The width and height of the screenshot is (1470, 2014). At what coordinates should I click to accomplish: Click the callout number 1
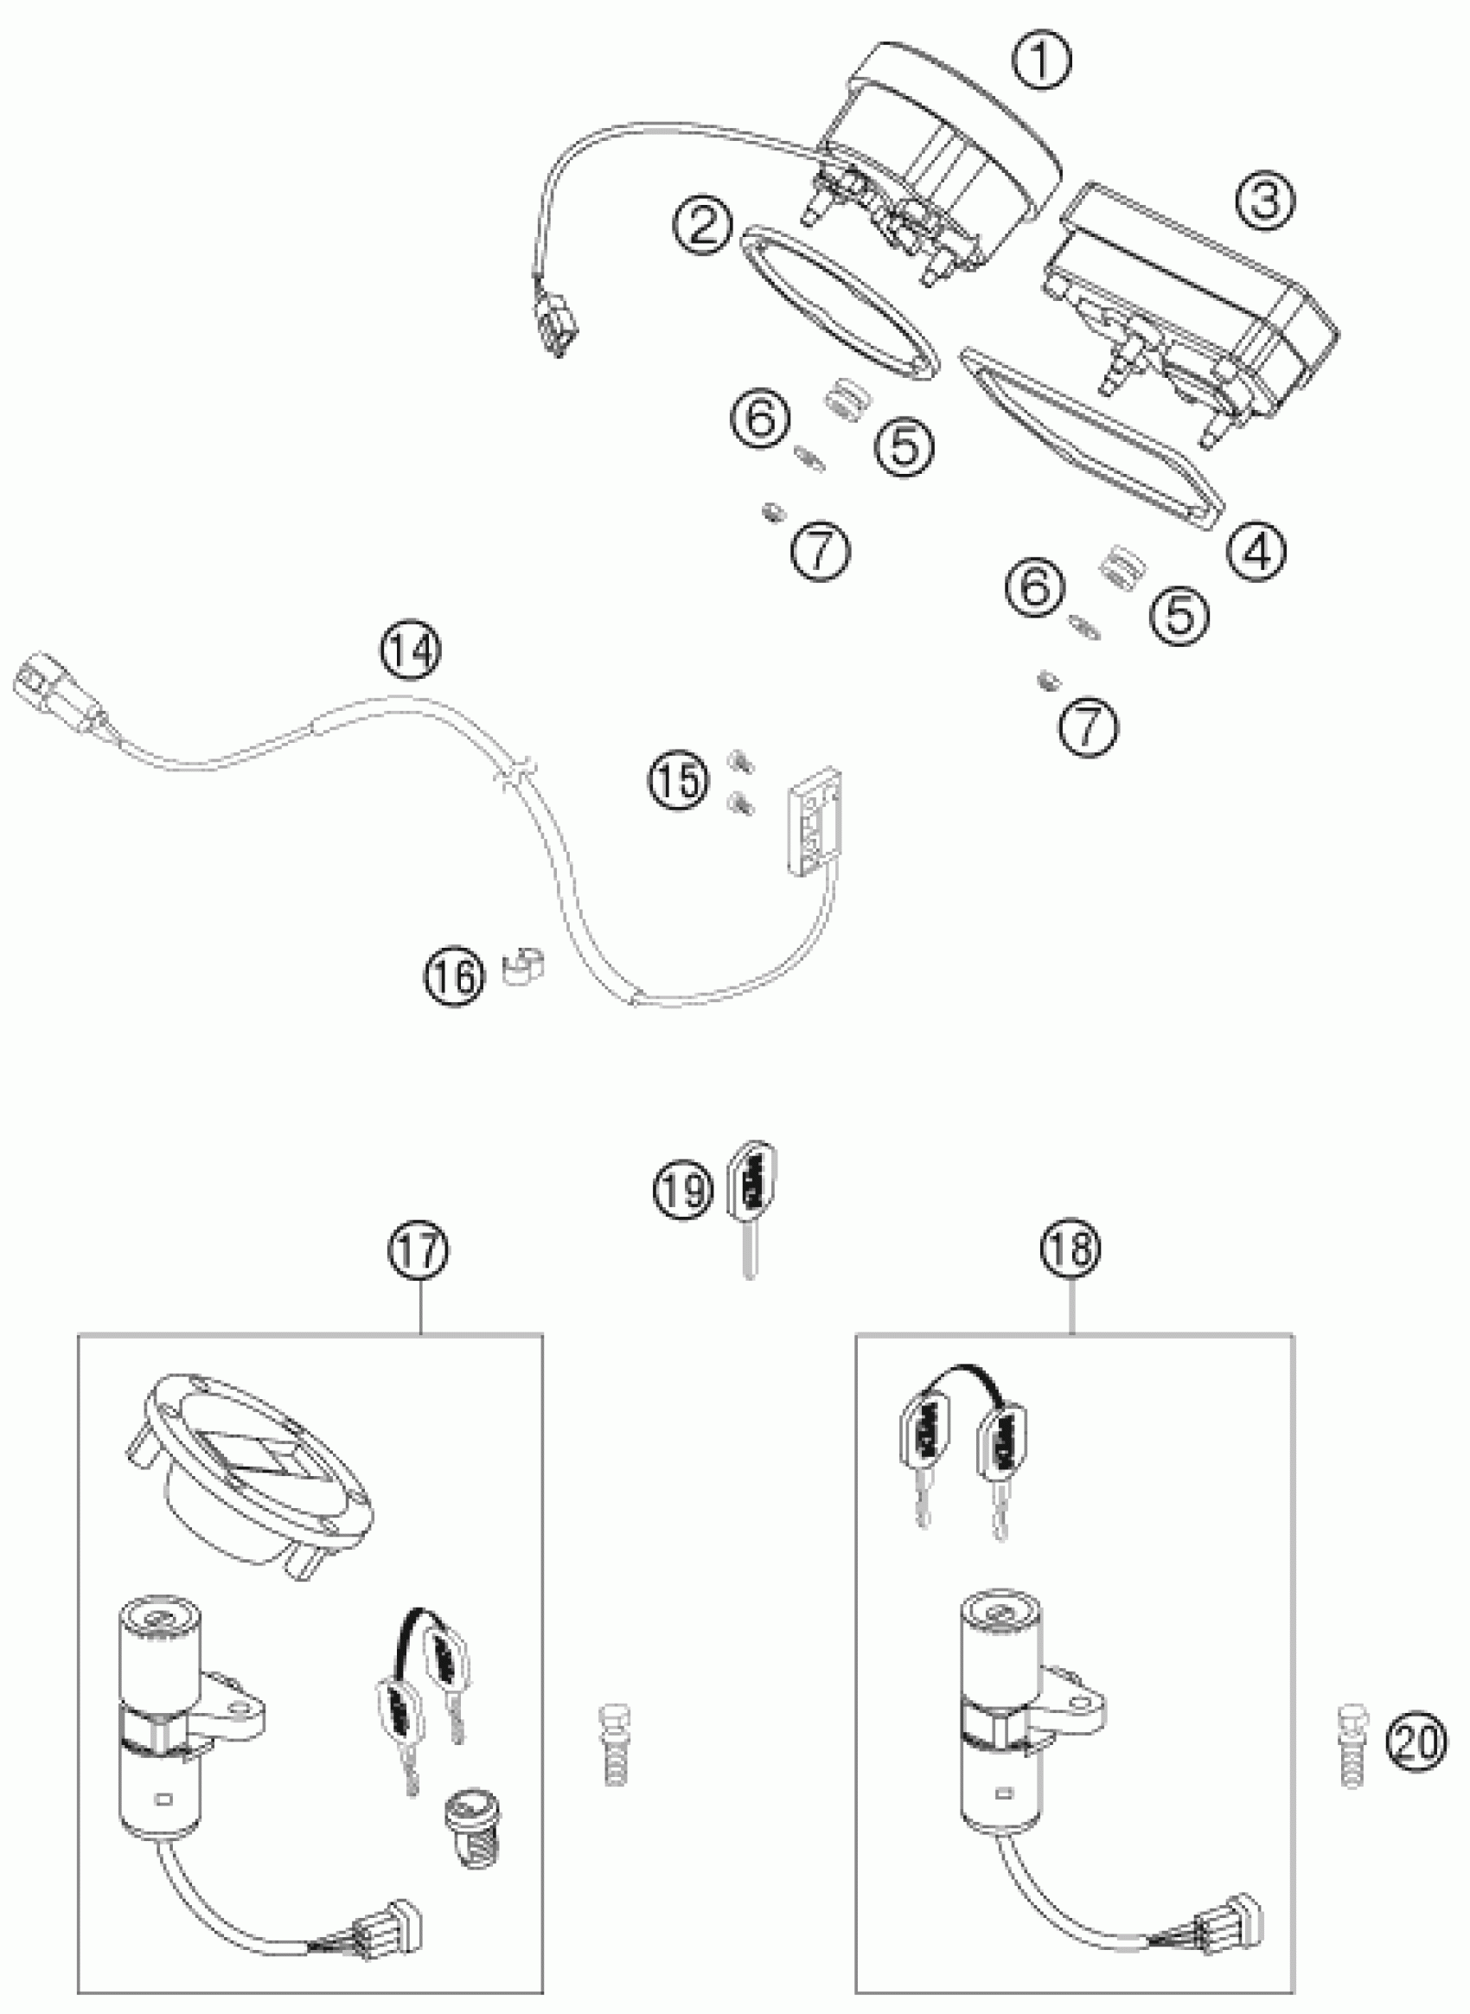[1042, 60]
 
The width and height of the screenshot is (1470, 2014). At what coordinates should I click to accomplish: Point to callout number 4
[1256, 553]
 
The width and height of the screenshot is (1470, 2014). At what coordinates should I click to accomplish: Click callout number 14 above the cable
[412, 649]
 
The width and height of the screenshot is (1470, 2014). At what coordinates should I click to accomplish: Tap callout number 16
[455, 976]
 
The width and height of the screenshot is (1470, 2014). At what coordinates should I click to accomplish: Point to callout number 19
[684, 1189]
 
